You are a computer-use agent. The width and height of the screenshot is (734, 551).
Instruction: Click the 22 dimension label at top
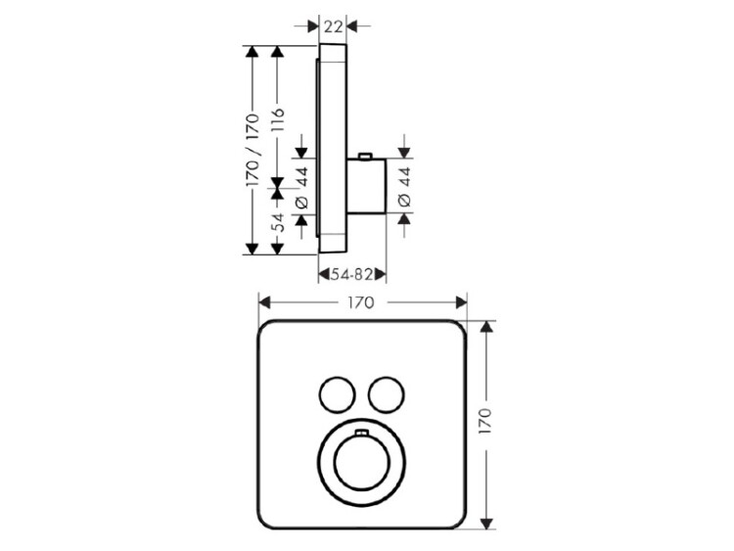tap(333, 26)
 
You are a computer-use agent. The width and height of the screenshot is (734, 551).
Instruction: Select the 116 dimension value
tap(278, 119)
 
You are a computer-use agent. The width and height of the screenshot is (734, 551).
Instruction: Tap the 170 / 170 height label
tap(252, 150)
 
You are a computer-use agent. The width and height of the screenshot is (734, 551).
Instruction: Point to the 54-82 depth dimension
tap(351, 274)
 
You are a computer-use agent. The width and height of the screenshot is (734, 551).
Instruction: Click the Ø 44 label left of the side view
tap(302, 187)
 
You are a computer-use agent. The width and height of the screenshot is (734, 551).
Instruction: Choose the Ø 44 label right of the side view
tap(404, 187)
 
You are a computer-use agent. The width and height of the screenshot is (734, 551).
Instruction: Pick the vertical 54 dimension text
tap(278, 222)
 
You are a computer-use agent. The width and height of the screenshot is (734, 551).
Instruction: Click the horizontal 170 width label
tap(361, 302)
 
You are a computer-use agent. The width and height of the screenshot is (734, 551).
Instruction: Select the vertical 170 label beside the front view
tap(485, 421)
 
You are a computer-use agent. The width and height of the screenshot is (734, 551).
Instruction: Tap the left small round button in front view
tap(337, 394)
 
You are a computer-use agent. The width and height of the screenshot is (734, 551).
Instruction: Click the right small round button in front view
tap(386, 394)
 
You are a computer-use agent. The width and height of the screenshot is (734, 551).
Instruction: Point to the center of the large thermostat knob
tap(361, 462)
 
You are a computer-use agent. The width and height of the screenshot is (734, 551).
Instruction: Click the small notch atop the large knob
tap(361, 433)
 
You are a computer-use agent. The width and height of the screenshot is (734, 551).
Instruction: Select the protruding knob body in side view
tap(367, 186)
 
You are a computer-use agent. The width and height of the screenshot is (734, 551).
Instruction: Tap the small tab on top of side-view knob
tap(365, 156)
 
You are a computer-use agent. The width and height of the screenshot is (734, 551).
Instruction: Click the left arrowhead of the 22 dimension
tap(313, 26)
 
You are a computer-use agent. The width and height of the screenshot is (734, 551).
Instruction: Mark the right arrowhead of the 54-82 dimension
tap(380, 274)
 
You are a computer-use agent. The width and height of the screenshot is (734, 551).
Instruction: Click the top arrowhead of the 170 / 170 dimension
tap(252, 52)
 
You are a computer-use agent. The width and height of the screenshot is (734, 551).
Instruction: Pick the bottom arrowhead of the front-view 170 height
tap(487, 524)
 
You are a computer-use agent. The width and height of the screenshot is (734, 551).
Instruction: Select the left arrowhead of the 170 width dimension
tap(264, 302)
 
